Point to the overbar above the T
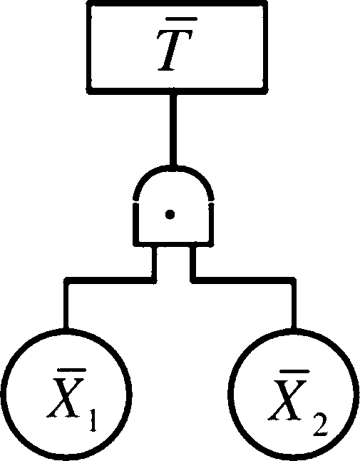coord(181,20)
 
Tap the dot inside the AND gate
coord(170,214)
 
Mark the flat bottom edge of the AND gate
coord(173,244)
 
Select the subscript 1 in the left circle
coord(93,421)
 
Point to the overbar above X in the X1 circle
coord(71,370)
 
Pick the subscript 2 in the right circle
coord(319,425)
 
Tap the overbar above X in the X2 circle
coord(295,372)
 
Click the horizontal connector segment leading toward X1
coord(110,280)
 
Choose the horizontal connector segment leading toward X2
coord(243,280)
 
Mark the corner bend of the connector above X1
coord(67,280)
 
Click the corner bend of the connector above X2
coord(293,280)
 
